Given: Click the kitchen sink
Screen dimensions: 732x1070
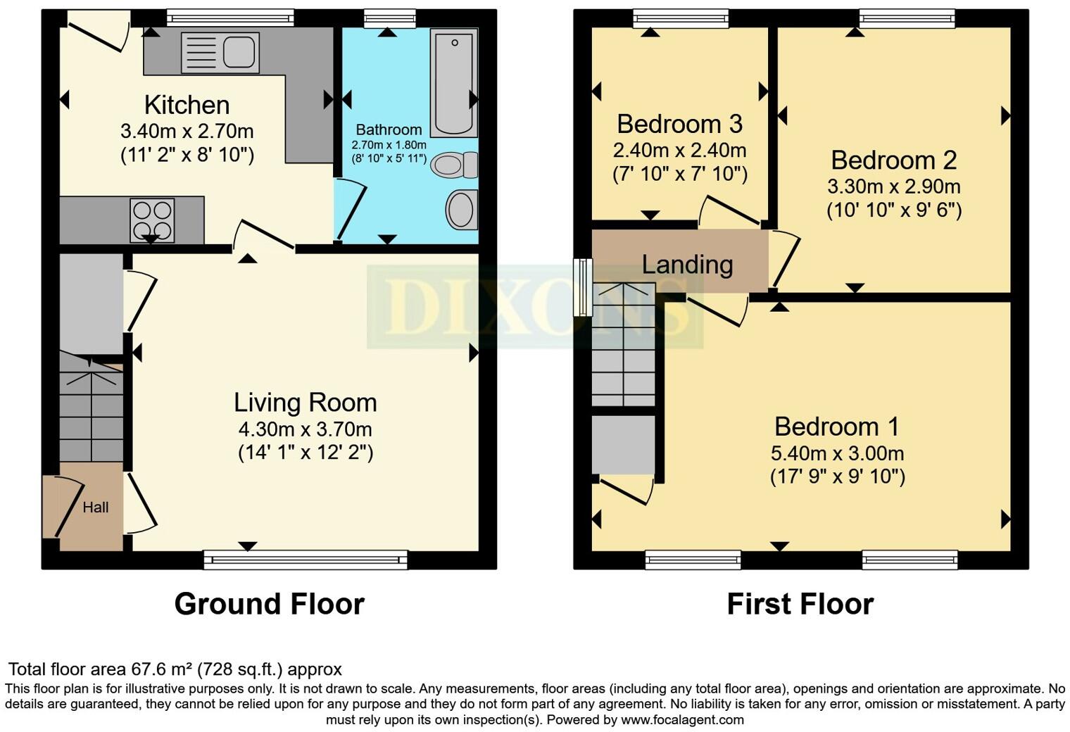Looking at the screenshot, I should pos(220,53).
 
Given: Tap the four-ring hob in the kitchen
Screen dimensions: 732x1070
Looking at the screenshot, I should pos(152,220).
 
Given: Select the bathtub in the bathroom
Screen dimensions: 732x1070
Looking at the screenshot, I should pos(453,82).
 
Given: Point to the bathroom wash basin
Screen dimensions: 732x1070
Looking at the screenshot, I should pos(461,210).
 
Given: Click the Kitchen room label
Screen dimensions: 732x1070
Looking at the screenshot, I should pos(187,105).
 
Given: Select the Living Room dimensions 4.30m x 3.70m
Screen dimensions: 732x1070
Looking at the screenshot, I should pos(305,429).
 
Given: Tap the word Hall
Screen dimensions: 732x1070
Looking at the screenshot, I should pos(96,507).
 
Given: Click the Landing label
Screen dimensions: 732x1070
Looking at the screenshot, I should pos(687,265).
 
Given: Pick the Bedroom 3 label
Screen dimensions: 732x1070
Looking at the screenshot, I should pos(679,124).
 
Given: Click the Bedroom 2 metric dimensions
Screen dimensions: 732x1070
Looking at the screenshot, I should pos(893,187).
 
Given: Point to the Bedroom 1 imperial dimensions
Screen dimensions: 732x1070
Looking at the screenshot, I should pos(837,477).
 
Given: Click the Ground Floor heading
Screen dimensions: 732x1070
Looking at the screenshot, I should pos(269,604).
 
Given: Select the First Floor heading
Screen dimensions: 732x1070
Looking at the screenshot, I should pos(800,604).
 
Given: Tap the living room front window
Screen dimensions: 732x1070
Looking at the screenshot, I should pos(305,560).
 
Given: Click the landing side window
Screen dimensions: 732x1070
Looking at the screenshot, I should pos(583,287).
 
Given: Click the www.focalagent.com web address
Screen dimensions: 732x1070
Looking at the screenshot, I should pos(682,719).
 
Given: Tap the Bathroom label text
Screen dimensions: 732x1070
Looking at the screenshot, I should pos(389,130).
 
